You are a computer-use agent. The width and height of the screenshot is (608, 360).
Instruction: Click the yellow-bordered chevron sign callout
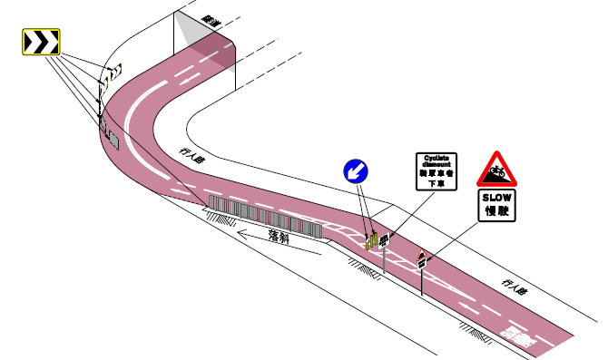pyautogui.click(x=42, y=42)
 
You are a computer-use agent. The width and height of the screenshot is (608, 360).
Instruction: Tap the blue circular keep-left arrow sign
pyautogui.click(x=355, y=170)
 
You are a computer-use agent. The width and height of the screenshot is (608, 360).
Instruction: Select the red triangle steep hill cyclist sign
pyautogui.click(x=496, y=169)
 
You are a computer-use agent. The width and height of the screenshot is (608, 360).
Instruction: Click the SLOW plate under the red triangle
pyautogui.click(x=496, y=205)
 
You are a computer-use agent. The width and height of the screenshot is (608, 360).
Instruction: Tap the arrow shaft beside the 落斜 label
pyautogui.click(x=272, y=246)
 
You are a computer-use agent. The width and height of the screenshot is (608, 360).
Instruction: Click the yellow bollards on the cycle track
pyautogui.click(x=370, y=239)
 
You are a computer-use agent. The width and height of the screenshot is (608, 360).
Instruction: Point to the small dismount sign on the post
pyautogui.click(x=385, y=241)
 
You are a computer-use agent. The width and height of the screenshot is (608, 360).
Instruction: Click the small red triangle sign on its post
pyautogui.click(x=421, y=258)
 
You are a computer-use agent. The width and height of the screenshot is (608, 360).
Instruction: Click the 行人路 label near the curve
pyautogui.click(x=193, y=157)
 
